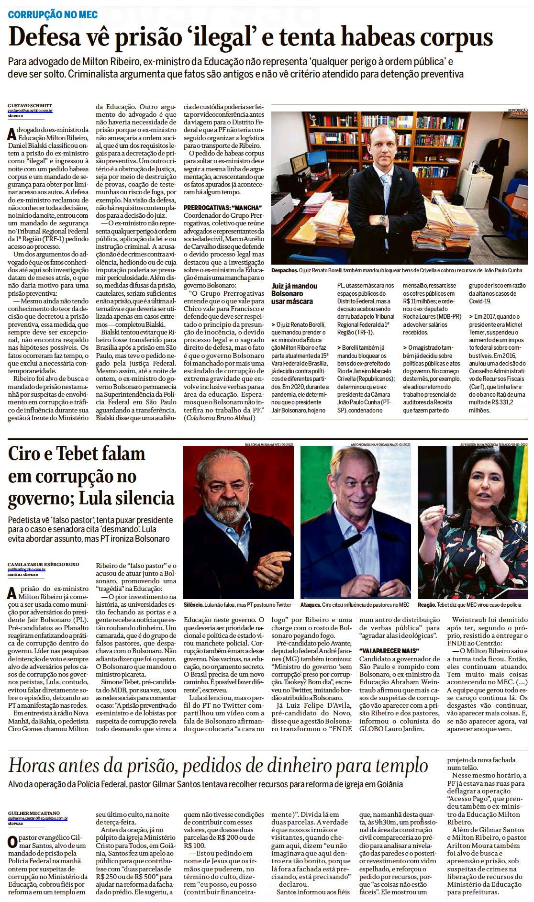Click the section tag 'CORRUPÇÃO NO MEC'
pos(53,14)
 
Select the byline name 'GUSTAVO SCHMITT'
pos(30,106)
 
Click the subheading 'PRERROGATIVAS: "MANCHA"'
pos(222,208)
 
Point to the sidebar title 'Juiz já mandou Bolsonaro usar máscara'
pos(294,293)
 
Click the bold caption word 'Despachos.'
pos(284,270)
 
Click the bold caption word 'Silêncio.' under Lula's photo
pos(194,605)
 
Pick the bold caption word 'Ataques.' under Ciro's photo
pos(311,605)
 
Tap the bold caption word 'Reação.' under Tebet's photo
pos(427,605)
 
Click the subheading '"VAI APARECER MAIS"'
pos(389,651)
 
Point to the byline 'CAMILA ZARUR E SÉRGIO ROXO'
pos(43,565)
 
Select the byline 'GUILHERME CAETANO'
pos(33,813)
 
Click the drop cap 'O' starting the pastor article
pos(12,842)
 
